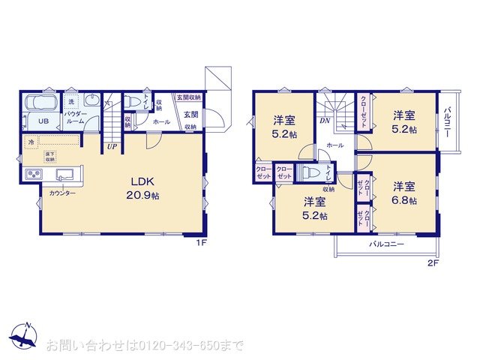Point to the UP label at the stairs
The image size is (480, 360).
(111, 146)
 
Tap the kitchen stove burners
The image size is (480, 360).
(34, 175)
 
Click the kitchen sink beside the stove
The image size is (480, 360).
(64, 175)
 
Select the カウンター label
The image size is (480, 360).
(62, 193)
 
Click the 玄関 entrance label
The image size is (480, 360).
(190, 115)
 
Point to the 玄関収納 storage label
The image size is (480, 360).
(188, 97)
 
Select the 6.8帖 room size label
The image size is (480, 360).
(404, 200)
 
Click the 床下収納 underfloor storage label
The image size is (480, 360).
(49, 157)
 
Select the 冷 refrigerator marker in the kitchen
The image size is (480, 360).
(31, 142)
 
